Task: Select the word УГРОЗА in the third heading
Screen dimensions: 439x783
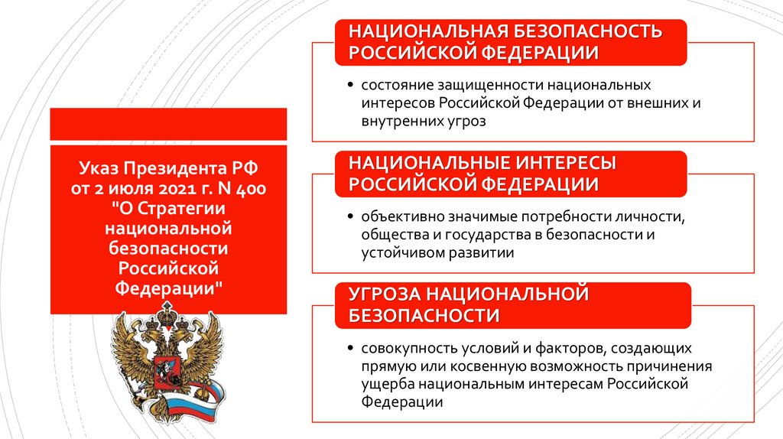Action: click(x=384, y=294)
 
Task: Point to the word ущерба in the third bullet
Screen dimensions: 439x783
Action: click(x=385, y=385)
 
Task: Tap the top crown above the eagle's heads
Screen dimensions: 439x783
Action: click(x=165, y=313)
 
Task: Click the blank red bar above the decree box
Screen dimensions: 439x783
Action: click(x=168, y=124)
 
